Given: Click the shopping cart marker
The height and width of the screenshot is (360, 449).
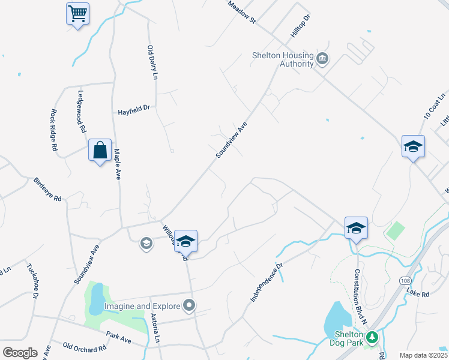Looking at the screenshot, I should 77,13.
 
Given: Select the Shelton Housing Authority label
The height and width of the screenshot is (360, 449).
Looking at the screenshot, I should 283,59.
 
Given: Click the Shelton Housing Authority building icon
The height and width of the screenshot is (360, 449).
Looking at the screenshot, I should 322,58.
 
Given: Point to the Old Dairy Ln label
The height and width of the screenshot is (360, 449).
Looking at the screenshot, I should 152,62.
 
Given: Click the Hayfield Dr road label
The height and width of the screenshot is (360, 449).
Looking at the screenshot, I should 133,111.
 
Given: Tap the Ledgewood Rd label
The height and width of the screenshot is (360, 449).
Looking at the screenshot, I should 82,112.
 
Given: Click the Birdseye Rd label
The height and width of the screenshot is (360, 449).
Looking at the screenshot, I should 48,190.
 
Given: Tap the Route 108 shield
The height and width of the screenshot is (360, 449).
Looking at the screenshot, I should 406,281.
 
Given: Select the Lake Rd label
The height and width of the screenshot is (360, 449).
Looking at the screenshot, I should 418,293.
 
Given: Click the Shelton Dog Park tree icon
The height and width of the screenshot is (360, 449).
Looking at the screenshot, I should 372,338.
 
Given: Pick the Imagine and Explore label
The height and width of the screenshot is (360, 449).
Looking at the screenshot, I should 142,306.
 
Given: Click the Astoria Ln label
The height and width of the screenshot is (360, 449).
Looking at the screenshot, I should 155,327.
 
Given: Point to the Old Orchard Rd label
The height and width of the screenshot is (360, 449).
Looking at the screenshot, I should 84,347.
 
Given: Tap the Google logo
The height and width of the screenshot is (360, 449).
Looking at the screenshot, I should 19,353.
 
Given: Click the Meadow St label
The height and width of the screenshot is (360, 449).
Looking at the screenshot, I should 241,12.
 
